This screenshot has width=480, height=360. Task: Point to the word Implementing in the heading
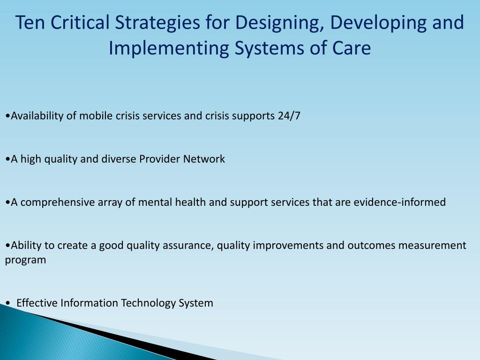click(x=169, y=49)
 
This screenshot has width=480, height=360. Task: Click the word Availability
click(x=37, y=116)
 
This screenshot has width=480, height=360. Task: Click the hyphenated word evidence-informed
click(x=400, y=202)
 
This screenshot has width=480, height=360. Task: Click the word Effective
click(x=37, y=303)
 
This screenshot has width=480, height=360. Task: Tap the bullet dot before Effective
click(x=7, y=304)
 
